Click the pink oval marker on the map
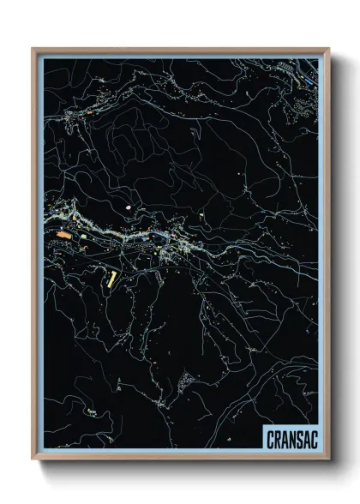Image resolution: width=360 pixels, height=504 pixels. [129, 207]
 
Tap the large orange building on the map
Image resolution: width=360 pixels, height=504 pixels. [63, 232]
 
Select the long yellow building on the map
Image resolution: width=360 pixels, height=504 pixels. [111, 278]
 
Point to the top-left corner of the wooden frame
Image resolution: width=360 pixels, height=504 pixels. [33, 48]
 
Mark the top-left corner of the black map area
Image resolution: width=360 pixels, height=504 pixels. [44, 59]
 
